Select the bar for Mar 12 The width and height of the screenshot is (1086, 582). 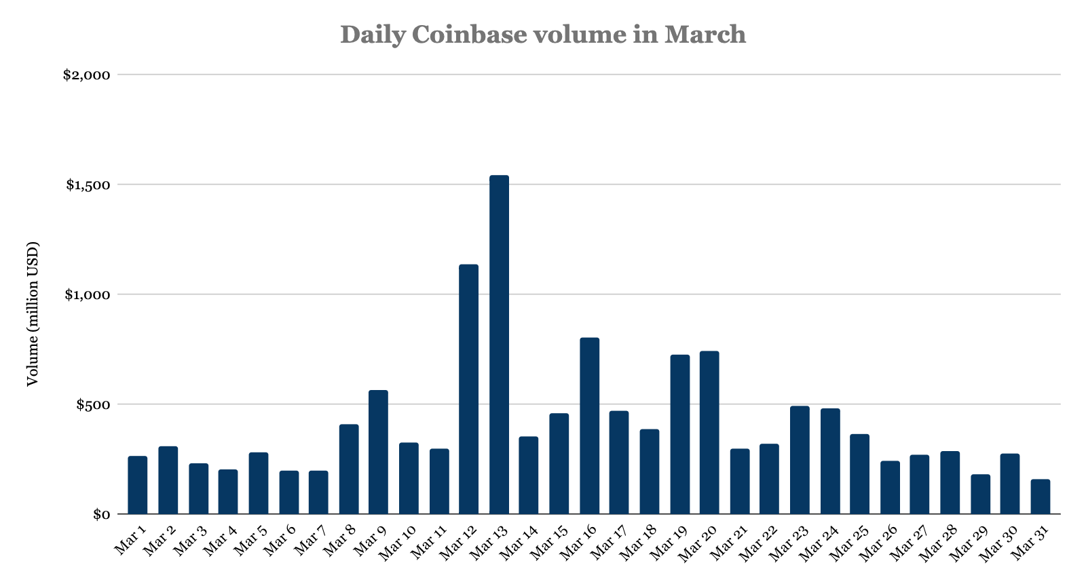[x=469, y=389]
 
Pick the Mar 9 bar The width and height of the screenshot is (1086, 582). [x=378, y=452]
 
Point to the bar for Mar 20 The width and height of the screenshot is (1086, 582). [x=709, y=433]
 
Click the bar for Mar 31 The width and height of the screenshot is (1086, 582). [x=1041, y=497]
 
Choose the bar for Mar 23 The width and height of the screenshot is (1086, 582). [x=800, y=460]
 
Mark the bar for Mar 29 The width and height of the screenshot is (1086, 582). [x=980, y=494]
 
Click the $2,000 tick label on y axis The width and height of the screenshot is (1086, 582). [x=86, y=75]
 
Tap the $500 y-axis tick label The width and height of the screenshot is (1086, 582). [x=92, y=404]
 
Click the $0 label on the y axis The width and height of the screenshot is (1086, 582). [x=100, y=514]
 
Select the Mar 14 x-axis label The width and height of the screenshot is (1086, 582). [x=519, y=543]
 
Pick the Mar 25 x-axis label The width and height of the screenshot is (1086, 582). [x=850, y=543]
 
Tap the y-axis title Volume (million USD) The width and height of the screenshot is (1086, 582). [x=32, y=313]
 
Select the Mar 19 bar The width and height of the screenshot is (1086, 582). [x=679, y=434]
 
